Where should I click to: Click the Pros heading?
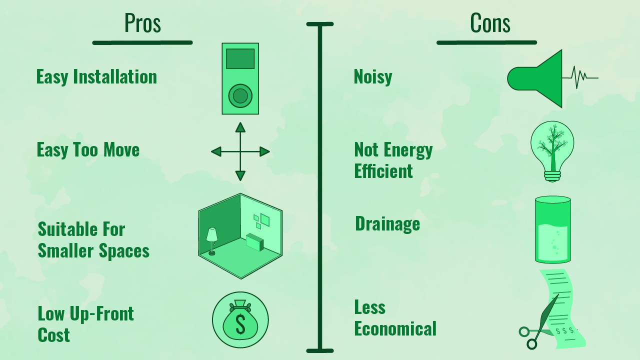pyautogui.click(x=142, y=23)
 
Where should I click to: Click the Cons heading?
pyautogui.click(x=490, y=23)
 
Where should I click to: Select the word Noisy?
pyautogui.click(x=373, y=77)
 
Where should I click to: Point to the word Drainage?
pyautogui.click(x=387, y=224)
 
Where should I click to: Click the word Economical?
pyautogui.click(x=395, y=329)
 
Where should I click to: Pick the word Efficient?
pyautogui.click(x=383, y=171)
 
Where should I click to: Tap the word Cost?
pyautogui.click(x=53, y=335)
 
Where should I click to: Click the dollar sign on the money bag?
pyautogui.click(x=240, y=324)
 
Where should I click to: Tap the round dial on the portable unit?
pyautogui.click(x=240, y=95)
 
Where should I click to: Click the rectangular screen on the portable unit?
pyautogui.click(x=240, y=58)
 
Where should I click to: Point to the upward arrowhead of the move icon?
pyautogui.click(x=240, y=127)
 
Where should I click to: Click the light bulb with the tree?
pyautogui.click(x=552, y=150)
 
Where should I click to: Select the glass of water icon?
pyautogui.click(x=552, y=229)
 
